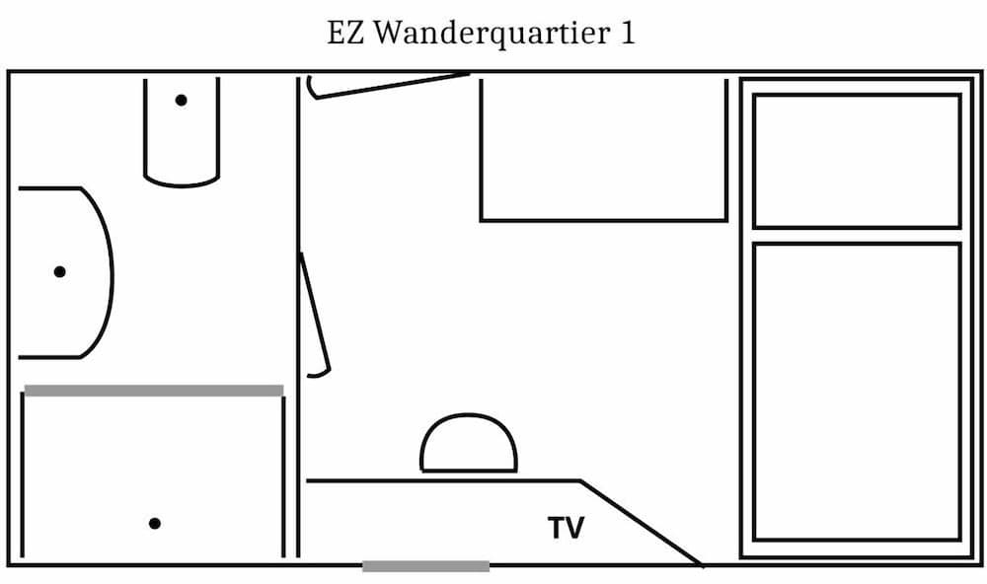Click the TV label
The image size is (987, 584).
[567, 529]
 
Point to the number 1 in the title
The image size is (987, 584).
[627, 33]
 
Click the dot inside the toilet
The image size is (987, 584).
[182, 100]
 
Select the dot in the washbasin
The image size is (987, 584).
[59, 271]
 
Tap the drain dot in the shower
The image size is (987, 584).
[154, 523]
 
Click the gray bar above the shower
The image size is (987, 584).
[154, 391]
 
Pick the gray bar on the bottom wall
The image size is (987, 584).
[425, 566]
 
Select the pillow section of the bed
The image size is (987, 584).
[857, 161]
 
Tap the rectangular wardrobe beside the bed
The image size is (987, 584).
[603, 148]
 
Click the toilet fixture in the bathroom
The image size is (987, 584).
[182, 133]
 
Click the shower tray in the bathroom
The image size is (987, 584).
[154, 478]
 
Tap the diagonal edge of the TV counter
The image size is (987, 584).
[642, 524]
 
